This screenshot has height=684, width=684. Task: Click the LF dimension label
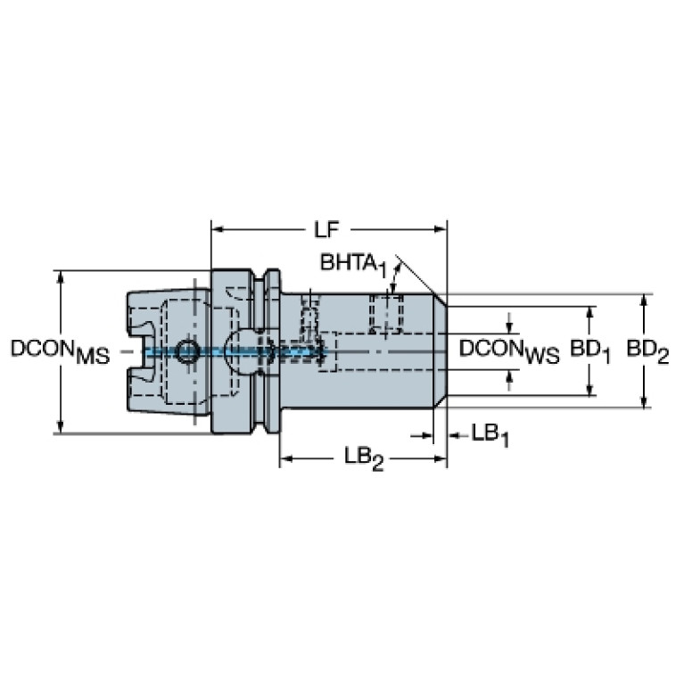[326, 229]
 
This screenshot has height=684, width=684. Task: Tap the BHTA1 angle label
[353, 264]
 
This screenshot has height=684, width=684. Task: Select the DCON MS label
[61, 351]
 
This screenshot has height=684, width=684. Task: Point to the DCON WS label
[509, 351]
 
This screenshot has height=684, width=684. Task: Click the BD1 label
[590, 351]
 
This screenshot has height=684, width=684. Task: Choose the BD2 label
[647, 351]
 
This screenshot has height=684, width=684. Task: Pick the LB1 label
[490, 435]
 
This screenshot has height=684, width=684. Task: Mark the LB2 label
[364, 458]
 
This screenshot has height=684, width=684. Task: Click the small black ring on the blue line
[187, 351]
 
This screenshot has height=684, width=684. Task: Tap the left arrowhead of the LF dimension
[218, 229]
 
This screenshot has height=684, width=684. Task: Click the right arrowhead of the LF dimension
[441, 229]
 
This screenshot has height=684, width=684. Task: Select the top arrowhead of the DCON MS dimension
[61, 276]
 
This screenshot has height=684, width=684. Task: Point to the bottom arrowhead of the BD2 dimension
[644, 402]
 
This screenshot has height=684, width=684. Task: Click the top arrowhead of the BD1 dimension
[589, 313]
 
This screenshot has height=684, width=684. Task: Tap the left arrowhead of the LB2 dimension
[285, 458]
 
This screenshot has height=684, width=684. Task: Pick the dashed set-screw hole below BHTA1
[385, 313]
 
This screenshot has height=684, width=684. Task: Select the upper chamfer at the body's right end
[440, 301]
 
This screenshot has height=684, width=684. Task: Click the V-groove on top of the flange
[260, 278]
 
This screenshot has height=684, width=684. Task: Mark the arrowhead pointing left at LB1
[454, 435]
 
